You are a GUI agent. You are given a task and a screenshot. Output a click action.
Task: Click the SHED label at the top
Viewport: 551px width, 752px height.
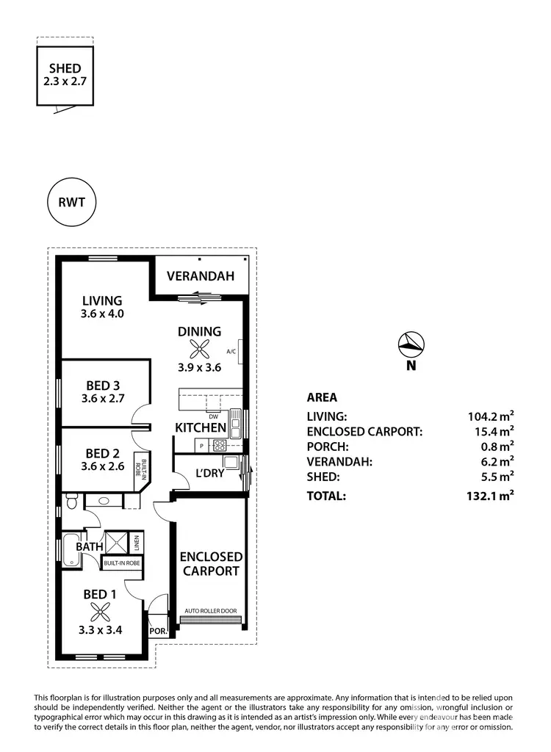(x=66, y=68)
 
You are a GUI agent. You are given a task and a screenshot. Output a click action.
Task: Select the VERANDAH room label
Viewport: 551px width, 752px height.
(x=200, y=277)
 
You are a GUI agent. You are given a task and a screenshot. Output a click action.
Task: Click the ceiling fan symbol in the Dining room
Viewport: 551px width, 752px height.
(x=199, y=350)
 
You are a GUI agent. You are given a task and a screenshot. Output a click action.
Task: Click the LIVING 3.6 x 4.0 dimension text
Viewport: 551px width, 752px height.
(x=102, y=314)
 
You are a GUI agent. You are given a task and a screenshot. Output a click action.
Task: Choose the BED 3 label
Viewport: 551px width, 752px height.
(x=102, y=385)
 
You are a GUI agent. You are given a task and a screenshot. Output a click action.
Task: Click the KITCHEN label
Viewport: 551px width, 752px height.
(x=200, y=427)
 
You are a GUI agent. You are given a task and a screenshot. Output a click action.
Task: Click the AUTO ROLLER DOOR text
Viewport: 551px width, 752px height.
(x=210, y=610)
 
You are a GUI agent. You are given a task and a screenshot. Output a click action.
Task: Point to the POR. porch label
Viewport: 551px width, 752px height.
(x=158, y=631)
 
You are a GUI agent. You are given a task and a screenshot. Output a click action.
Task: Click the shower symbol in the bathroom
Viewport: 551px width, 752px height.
(x=117, y=543)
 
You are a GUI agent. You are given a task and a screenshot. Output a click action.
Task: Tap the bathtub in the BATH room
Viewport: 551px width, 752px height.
(x=72, y=551)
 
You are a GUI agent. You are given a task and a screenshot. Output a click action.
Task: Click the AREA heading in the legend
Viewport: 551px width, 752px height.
(x=322, y=397)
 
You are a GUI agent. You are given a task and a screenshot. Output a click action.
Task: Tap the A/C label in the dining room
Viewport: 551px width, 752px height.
(x=231, y=352)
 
